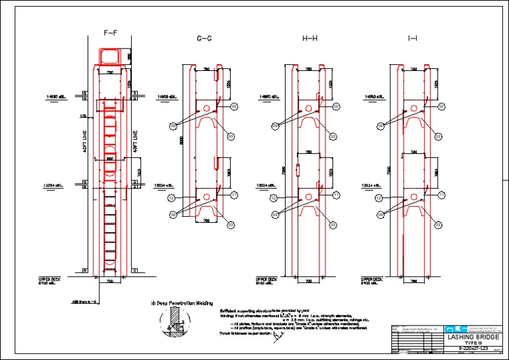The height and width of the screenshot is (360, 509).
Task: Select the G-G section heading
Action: pyautogui.click(x=205, y=39)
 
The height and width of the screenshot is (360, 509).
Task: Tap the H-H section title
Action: pyautogui.click(x=310, y=39)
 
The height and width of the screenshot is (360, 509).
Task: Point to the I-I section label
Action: pyautogui.click(x=413, y=39)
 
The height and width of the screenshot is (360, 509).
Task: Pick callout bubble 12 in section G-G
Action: pyautogui.click(x=171, y=198)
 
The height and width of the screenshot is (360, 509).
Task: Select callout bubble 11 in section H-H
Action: pyautogui.click(x=336, y=195)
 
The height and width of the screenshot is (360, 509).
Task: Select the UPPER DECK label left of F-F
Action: pyautogui.click(x=49, y=281)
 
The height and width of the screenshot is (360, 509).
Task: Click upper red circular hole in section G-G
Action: pyautogui.click(x=206, y=107)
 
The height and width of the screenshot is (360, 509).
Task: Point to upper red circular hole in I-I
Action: pyautogui.click(x=413, y=107)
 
